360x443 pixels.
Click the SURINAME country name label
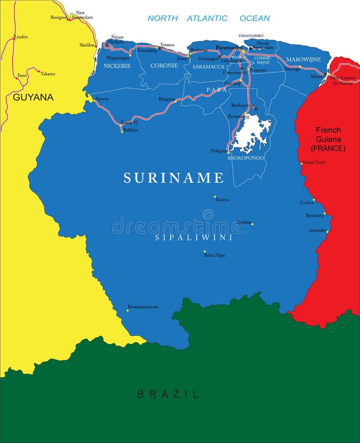pos(174,178)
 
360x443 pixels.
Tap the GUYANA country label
pos(33,97)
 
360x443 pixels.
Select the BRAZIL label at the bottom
pos(168,394)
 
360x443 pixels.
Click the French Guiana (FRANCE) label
pos(328,139)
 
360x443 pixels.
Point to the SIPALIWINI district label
pos(194,238)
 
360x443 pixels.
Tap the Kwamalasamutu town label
pos(143,307)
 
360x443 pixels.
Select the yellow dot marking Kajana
pos(215,196)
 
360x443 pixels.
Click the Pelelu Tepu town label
pos(214,255)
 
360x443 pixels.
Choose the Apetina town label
pos(244,222)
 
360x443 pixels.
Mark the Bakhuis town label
pos(130,130)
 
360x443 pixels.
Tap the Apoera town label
pos(102,98)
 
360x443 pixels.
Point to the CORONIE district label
pos(164,65)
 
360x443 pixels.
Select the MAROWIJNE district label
pos(303,60)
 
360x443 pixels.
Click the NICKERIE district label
pos(117,65)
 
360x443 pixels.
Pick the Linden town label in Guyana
pos(21,37)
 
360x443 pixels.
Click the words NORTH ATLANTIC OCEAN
pos(209,18)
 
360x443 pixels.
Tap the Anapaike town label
pos(317,230)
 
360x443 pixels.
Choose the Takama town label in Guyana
pos(48,74)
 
